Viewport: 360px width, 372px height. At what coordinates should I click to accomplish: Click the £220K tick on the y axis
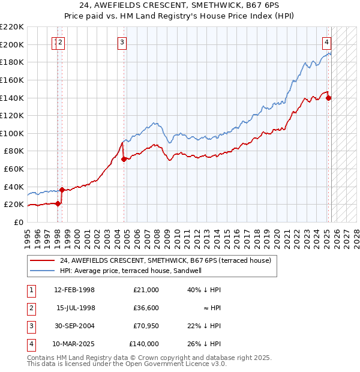pyautogui.click(x=12, y=27)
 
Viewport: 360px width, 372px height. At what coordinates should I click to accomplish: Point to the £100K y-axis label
pyautogui.click(x=12, y=133)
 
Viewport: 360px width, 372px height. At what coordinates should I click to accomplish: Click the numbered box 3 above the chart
pyautogui.click(x=122, y=42)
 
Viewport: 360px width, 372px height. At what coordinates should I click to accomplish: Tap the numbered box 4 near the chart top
pyautogui.click(x=326, y=42)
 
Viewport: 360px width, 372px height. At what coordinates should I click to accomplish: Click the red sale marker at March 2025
pyautogui.click(x=329, y=98)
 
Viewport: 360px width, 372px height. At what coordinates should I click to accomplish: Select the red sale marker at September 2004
pyautogui.click(x=124, y=159)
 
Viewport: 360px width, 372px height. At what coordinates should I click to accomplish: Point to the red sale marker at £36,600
pyautogui.click(x=62, y=190)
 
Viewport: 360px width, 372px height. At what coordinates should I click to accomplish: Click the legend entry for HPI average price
pyautogui.click(x=130, y=271)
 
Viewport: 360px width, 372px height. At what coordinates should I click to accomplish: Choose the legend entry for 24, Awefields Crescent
pyautogui.click(x=165, y=260)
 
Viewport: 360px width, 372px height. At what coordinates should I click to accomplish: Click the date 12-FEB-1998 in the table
pyautogui.click(x=74, y=290)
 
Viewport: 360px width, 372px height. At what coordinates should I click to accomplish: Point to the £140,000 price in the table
pyautogui.click(x=144, y=344)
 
